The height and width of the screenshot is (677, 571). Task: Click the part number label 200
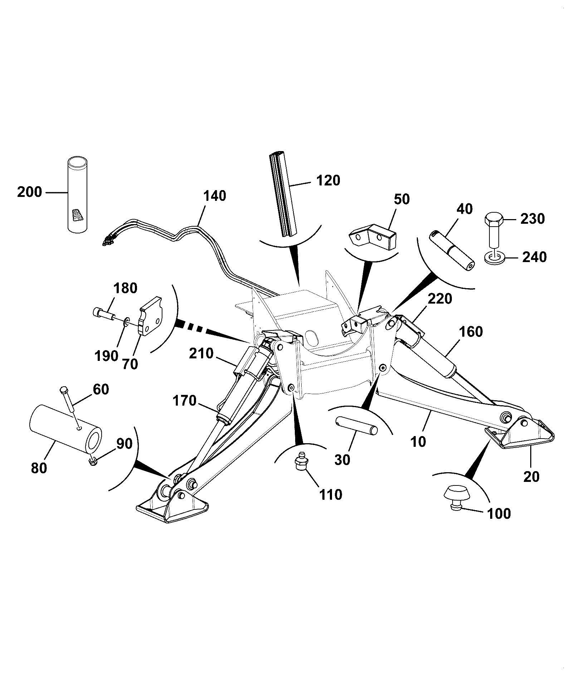pyautogui.click(x=30, y=192)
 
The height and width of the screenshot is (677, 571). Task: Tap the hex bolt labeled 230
pyautogui.click(x=494, y=229)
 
